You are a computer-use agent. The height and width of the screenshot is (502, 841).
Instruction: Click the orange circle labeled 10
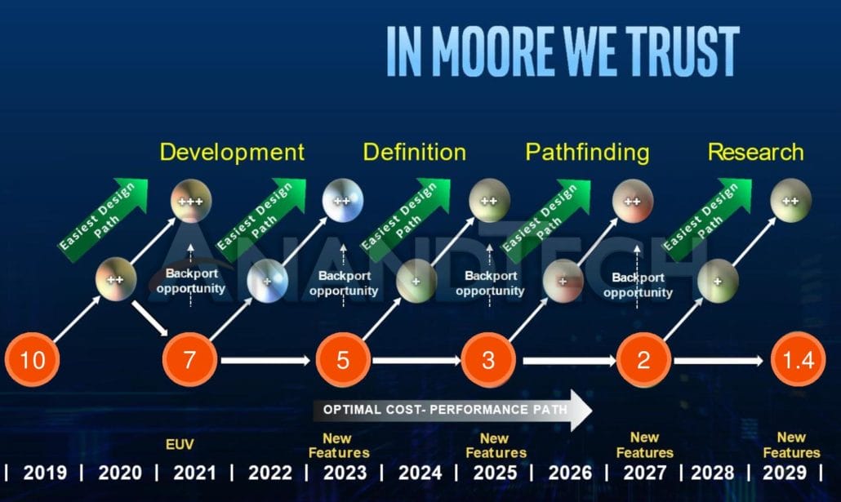coord(32,359)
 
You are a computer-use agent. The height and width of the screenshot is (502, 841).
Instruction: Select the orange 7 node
coord(190,359)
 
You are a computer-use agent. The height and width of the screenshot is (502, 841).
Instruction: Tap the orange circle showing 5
coord(343,359)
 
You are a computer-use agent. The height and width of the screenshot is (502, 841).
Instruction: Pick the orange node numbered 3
coord(488,359)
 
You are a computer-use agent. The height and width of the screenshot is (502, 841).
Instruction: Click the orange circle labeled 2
coord(643,359)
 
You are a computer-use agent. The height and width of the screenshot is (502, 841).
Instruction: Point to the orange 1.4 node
coord(798,359)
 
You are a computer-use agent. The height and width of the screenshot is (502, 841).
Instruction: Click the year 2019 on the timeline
coord(45,473)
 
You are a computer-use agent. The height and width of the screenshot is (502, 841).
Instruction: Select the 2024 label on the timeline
coord(420,473)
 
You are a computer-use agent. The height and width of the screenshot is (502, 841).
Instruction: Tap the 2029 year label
coord(785,473)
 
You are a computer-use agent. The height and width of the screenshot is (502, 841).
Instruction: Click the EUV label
coord(180,444)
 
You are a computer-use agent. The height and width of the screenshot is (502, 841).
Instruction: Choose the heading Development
coord(232,153)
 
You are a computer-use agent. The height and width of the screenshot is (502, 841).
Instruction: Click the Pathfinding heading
coord(587,153)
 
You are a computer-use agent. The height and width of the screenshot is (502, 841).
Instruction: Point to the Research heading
coord(756,153)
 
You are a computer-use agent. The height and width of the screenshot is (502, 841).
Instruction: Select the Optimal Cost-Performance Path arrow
coord(452,411)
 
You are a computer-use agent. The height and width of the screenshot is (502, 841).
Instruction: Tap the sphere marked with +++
coord(191,201)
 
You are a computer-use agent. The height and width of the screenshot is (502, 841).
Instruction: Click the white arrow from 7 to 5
coord(265,361)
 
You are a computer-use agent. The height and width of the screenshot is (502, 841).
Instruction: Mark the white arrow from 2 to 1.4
coord(719,361)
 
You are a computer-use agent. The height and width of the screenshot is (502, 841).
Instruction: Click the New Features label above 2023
coord(339,446)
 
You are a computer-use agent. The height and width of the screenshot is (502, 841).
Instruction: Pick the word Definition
coord(415,153)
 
